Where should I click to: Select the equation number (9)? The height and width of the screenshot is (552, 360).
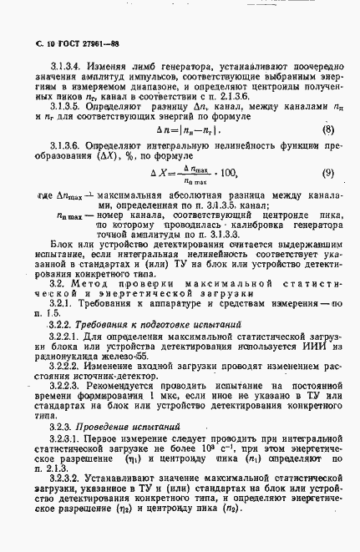tap(327, 173)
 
